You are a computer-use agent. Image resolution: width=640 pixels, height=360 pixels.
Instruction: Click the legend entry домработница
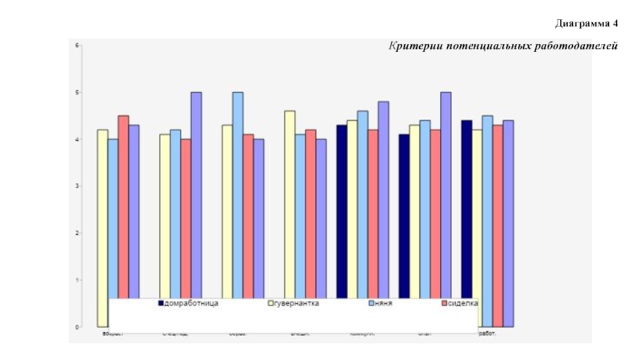(190, 304)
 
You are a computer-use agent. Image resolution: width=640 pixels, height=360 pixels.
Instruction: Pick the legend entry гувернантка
(296, 304)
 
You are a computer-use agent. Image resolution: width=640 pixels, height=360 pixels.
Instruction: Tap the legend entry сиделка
(462, 304)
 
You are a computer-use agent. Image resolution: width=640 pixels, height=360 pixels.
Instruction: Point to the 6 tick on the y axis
(78, 46)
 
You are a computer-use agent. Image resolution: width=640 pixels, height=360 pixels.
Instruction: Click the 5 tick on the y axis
(78, 93)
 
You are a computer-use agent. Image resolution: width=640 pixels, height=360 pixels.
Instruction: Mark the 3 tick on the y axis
(78, 186)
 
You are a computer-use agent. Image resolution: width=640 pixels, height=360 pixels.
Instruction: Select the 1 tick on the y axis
(78, 280)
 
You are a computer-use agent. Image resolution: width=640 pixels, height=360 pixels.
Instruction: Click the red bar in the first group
(123, 208)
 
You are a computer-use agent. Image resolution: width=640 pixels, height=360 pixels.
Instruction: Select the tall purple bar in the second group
(196, 192)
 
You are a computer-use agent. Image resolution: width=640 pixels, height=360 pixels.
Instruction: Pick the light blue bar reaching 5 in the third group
(238, 192)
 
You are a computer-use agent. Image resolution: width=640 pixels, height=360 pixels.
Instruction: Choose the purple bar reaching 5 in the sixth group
(446, 192)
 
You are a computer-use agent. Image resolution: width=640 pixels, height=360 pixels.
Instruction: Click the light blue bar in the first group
(113, 216)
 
